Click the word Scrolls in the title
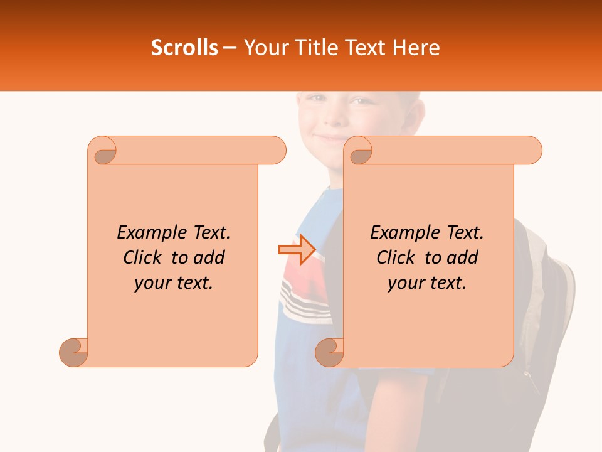[184, 48]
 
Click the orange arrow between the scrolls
[297, 249]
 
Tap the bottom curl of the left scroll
[74, 352]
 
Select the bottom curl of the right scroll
[330, 352]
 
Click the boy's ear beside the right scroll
[413, 116]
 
